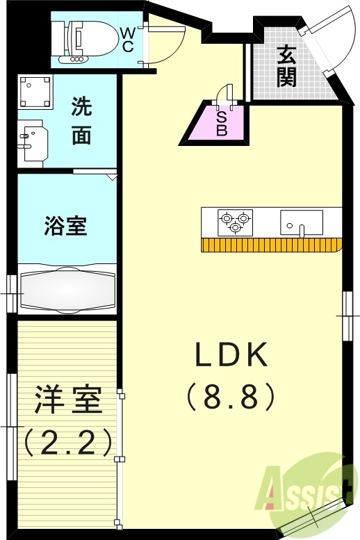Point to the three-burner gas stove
[234, 221]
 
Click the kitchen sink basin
[302, 222]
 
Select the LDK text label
[231, 357]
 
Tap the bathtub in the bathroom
[67, 289]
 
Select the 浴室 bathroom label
[67, 227]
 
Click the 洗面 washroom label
[81, 122]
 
